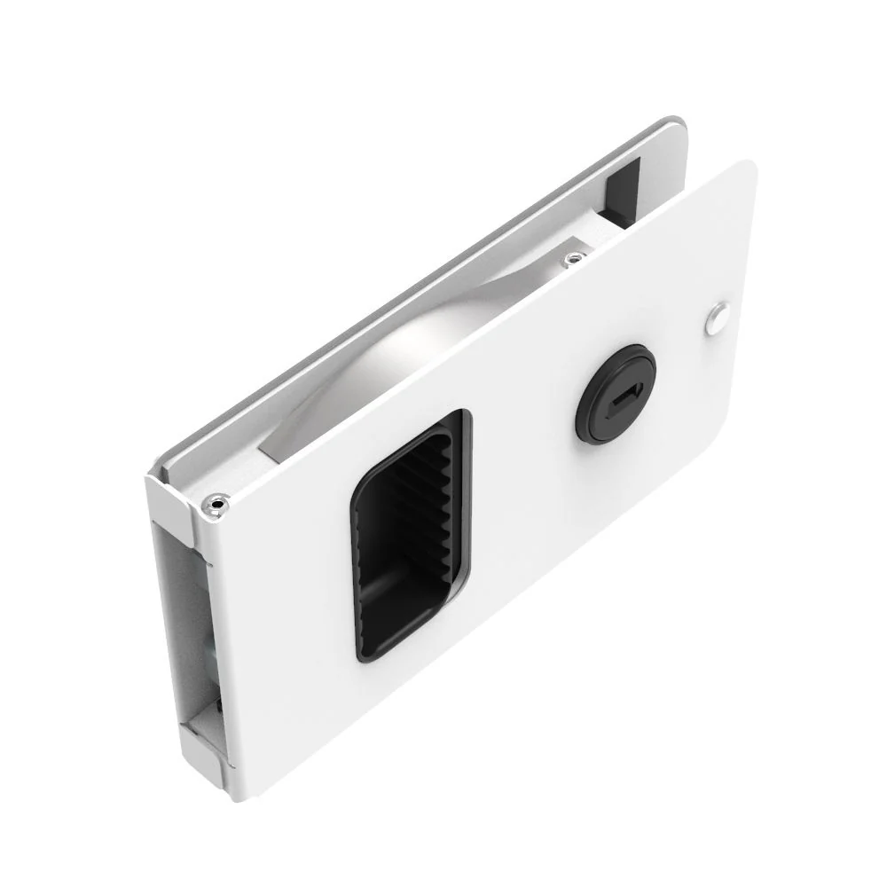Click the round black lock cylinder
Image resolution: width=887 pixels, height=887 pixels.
tap(616, 394)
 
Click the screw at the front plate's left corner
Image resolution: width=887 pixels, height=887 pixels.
tap(216, 505)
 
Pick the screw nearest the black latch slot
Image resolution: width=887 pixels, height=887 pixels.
tap(575, 259)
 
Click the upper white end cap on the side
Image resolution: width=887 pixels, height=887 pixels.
tap(174, 506)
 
